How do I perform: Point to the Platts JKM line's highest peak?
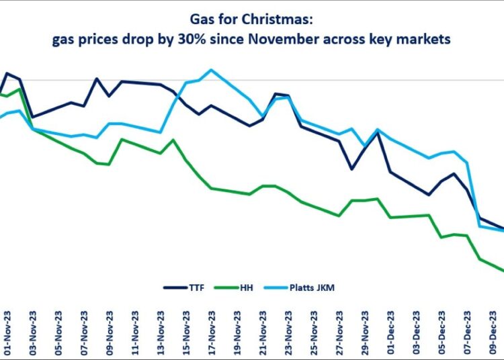click(211, 70)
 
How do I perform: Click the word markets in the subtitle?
click(428, 40)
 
